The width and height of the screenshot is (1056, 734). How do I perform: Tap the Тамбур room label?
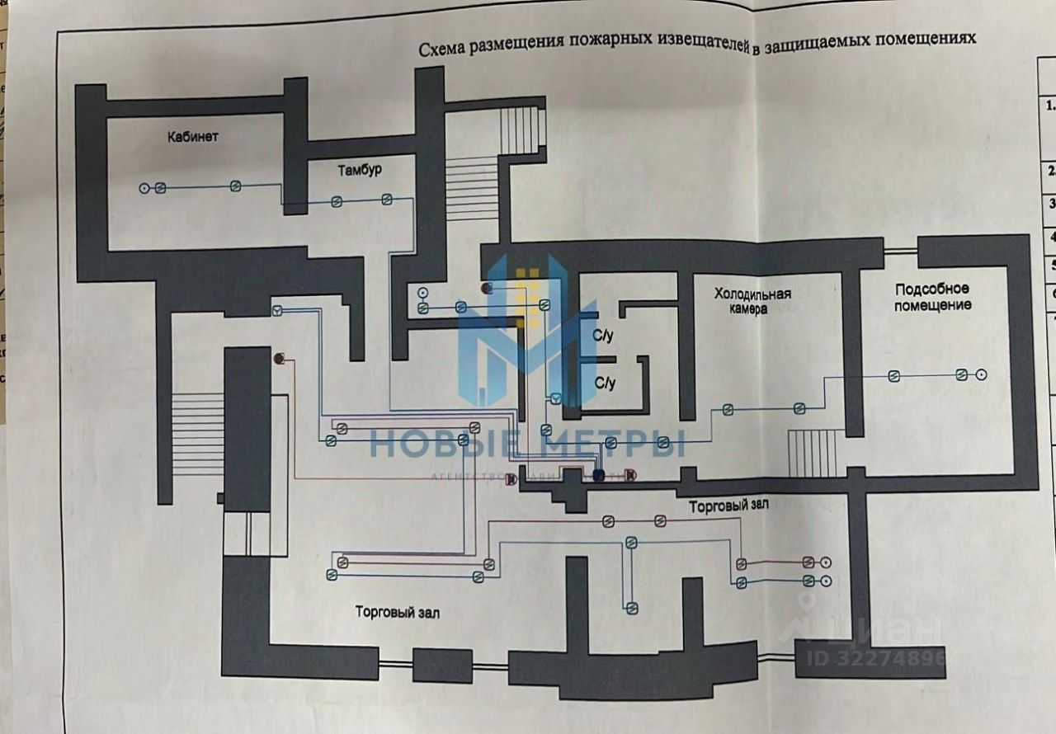360,171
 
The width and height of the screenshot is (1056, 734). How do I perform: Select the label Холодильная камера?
752,301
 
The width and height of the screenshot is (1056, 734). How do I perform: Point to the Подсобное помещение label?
933,297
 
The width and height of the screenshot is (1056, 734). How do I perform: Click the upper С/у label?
604,336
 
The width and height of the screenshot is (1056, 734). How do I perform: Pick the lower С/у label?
606,383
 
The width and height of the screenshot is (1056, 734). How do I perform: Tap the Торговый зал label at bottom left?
398,613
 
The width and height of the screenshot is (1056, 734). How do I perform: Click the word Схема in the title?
441,49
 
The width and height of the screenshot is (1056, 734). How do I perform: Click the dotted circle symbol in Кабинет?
144,188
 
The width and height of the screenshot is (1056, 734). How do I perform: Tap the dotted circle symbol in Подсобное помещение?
982,374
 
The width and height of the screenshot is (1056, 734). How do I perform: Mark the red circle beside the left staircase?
279,359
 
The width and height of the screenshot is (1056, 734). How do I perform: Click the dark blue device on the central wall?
598,475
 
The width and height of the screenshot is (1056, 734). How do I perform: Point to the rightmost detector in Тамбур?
386,199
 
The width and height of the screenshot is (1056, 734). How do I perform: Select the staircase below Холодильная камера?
813,453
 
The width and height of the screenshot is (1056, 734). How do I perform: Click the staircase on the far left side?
198,433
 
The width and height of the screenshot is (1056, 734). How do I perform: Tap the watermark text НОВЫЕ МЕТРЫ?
526,445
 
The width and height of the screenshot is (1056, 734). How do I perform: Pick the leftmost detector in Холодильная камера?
728,409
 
